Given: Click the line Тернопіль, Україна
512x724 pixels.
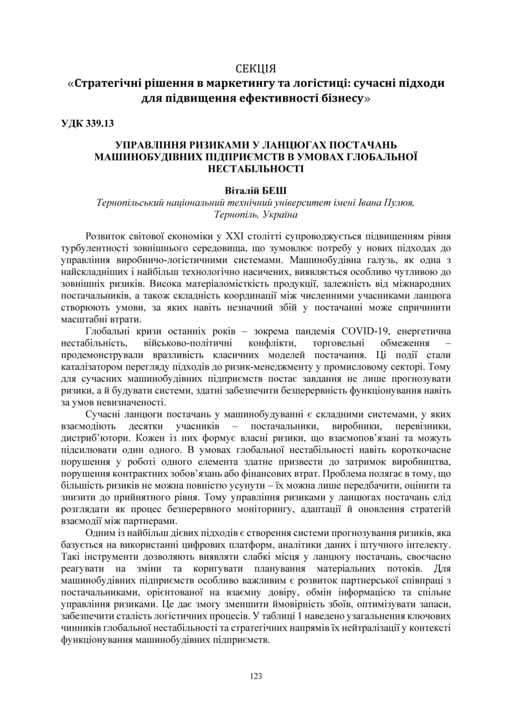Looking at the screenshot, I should [256, 214].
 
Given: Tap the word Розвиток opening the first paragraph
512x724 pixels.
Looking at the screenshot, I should [106, 236].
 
